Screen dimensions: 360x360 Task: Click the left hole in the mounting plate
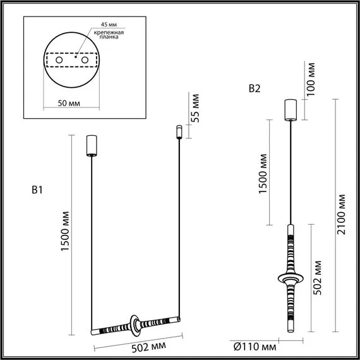click(59, 60)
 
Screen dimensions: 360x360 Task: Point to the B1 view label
click(37, 189)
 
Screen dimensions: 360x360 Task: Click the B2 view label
click(254, 88)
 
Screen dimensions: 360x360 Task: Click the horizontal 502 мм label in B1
click(149, 347)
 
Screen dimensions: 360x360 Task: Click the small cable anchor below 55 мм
click(179, 133)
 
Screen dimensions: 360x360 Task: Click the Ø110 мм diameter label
click(255, 347)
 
